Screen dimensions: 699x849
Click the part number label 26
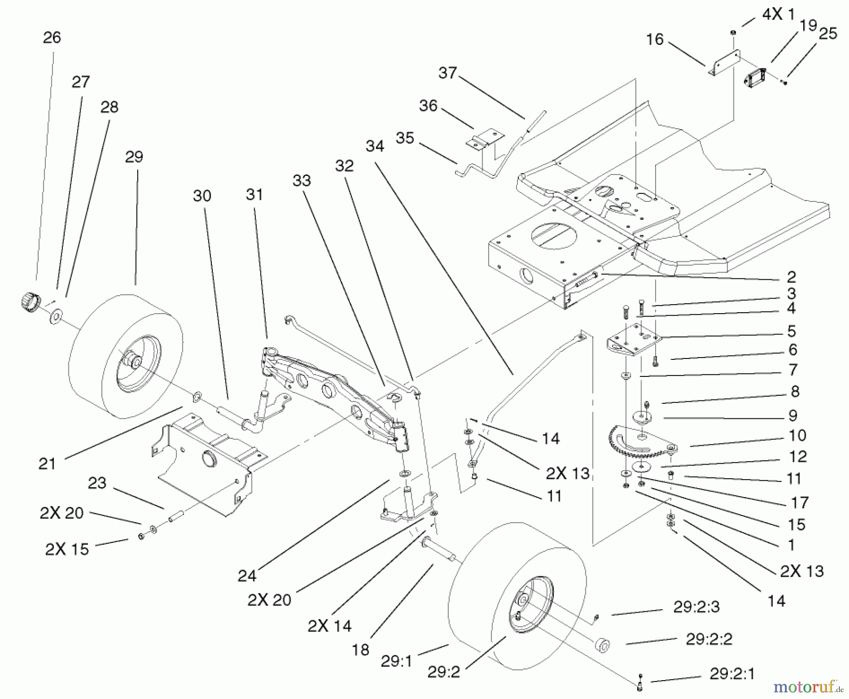[x=52, y=38]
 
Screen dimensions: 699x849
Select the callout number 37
[x=448, y=73]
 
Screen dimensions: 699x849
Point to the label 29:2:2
[x=709, y=640]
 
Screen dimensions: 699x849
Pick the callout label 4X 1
[x=778, y=15]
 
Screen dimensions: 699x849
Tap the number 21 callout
[x=47, y=464]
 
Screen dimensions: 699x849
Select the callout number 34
[x=375, y=146]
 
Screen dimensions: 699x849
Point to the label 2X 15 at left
[x=67, y=549]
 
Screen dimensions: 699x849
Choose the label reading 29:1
[x=397, y=661]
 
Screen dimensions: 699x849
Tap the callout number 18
[x=361, y=650]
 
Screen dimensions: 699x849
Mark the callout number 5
[x=792, y=331]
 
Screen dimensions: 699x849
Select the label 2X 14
[x=329, y=626]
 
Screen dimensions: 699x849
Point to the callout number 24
[x=247, y=576]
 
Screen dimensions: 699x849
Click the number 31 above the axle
[x=254, y=194]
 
